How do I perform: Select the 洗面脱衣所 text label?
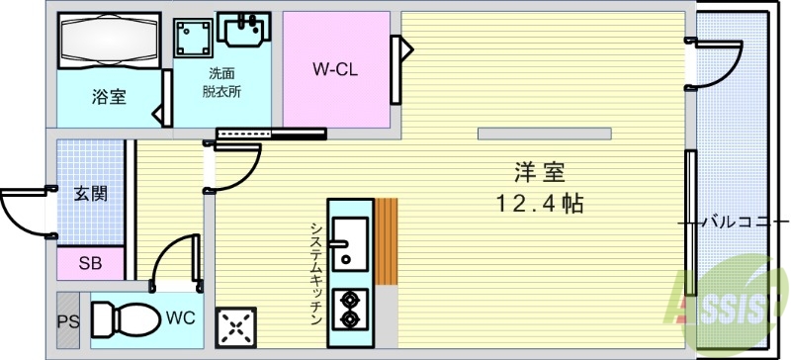coord(222,82)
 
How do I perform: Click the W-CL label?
coord(334,69)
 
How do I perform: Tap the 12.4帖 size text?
coord(539,205)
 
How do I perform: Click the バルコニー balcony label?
coord(737,222)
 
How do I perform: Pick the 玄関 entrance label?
coord(90,193)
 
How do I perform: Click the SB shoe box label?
coord(89,264)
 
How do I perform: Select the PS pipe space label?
coord(67,319)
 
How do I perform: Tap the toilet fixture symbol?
coord(125,318)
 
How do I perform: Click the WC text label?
coord(179,318)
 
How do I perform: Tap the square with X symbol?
coord(237,325)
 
